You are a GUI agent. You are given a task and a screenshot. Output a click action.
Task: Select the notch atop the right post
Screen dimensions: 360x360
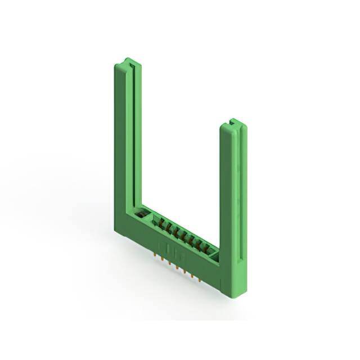tap(231, 121)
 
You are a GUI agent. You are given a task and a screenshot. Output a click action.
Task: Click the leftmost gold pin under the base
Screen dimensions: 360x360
tap(155, 254)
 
